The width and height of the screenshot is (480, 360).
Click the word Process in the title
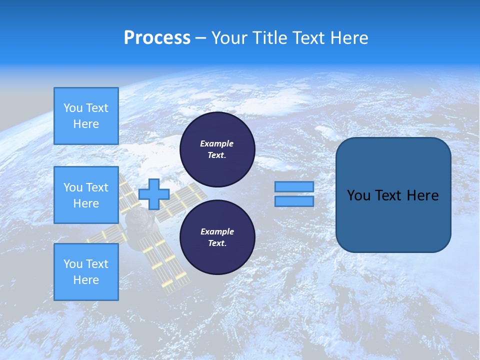tap(157, 38)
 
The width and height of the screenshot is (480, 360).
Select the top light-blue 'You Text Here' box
tap(86, 116)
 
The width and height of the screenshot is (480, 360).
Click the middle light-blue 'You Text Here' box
tap(86, 195)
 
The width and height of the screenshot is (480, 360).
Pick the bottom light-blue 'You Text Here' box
tap(86, 272)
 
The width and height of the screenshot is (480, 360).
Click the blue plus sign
tap(154, 194)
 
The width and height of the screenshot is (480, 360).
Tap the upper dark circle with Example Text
tap(217, 149)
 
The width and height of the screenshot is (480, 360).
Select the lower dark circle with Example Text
tap(217, 237)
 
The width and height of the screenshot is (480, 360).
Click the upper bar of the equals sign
tap(294, 186)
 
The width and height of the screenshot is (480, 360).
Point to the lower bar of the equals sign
tap(294, 201)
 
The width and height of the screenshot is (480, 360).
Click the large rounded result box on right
tap(393, 220)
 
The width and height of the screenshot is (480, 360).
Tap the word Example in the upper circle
tap(217, 143)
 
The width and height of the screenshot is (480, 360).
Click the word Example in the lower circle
tap(217, 231)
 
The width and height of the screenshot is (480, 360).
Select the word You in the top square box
tap(73, 108)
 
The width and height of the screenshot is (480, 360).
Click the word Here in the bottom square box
tap(86, 280)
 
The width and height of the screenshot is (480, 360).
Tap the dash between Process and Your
tap(201, 38)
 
